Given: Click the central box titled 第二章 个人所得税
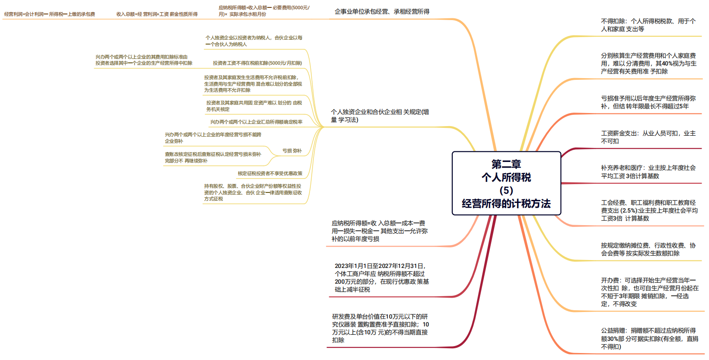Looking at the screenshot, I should [x=506, y=183].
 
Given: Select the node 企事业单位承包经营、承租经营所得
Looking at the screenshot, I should [x=382, y=12].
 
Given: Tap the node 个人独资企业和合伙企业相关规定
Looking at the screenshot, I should [x=380, y=116].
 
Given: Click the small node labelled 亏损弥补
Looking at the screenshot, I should [x=292, y=151].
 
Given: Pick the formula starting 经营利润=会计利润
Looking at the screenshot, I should [x=50, y=14].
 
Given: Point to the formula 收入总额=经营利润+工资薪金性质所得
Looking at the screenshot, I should [x=157, y=14].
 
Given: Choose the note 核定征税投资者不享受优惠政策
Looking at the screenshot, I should [x=270, y=174].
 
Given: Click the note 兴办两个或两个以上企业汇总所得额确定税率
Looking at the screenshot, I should [x=256, y=122].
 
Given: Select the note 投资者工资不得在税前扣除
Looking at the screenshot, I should [x=257, y=63].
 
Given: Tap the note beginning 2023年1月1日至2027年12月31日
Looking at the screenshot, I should [x=382, y=278].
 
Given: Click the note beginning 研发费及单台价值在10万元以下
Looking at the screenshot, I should [x=380, y=328].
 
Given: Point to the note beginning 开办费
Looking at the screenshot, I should [x=649, y=292].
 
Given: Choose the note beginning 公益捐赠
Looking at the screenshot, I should [x=649, y=339].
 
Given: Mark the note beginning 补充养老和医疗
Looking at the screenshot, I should [x=648, y=172].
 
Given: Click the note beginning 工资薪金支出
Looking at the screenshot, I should [x=648, y=137].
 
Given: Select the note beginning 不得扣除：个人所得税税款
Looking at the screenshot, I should [x=648, y=25].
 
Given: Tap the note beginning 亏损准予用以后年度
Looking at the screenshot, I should [x=648, y=102].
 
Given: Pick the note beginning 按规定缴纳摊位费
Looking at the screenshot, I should [x=648, y=249].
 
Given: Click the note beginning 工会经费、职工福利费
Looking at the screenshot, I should [x=649, y=210].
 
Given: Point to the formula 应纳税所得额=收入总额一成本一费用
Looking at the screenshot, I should [x=379, y=231].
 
